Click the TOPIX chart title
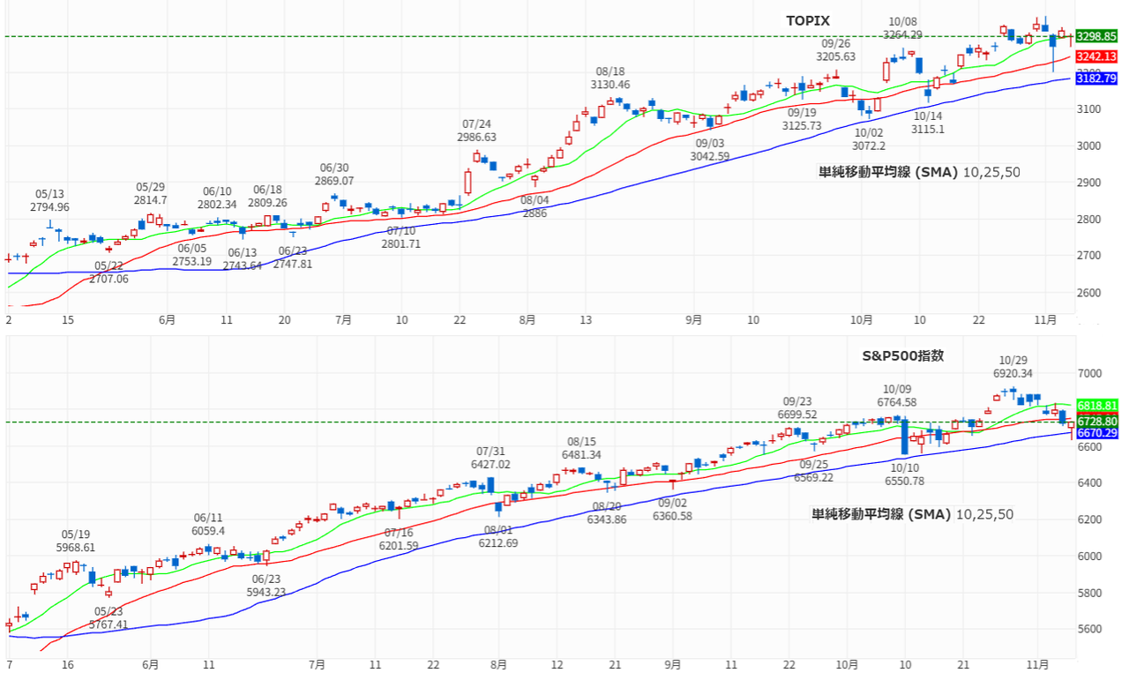[x=808, y=19]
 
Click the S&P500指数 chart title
[x=902, y=356]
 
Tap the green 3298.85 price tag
[x=1096, y=36]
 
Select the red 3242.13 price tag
[x=1096, y=56]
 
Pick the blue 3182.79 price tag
[x=1096, y=78]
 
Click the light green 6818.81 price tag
[x=1096, y=404]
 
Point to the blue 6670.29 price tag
[x=1096, y=433]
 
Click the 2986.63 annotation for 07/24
[x=476, y=138]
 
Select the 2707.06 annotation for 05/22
[x=108, y=279]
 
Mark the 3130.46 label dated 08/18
[x=610, y=85]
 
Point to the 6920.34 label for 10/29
[x=1013, y=373]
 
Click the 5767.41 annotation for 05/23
[x=108, y=624]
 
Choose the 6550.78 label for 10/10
[x=905, y=481]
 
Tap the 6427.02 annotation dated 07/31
[x=491, y=464]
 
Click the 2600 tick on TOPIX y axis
[x=1091, y=292]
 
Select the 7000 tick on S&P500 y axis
[x=1091, y=374]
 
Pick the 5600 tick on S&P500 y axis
[x=1091, y=629]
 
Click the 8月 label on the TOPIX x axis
[x=527, y=320]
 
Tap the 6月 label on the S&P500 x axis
[x=151, y=663]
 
